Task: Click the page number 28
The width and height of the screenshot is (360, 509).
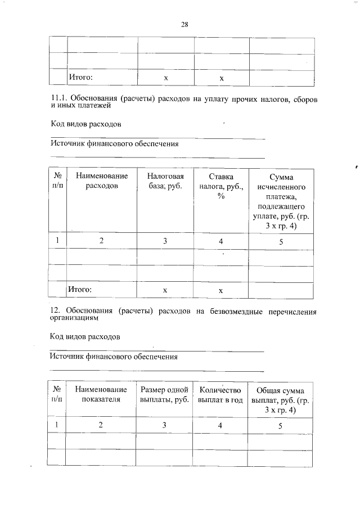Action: click(184, 24)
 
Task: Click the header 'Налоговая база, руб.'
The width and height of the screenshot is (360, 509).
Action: click(165, 181)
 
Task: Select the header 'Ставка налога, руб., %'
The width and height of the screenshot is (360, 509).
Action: click(221, 186)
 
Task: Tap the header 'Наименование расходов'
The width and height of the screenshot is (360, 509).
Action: click(102, 181)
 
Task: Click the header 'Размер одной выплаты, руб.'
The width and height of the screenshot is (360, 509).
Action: click(164, 395)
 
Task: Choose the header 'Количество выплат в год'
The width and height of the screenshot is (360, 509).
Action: click(220, 395)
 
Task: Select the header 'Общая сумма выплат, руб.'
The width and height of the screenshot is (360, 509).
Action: click(280, 400)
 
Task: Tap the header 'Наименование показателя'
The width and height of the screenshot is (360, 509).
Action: click(101, 395)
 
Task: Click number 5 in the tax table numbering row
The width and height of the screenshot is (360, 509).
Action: click(281, 241)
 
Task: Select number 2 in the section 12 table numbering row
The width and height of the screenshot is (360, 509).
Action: click(101, 425)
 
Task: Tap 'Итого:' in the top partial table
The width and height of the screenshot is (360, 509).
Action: click(80, 77)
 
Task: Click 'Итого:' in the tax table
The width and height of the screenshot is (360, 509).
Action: click(80, 290)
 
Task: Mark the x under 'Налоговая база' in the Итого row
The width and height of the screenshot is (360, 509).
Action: click(165, 290)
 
